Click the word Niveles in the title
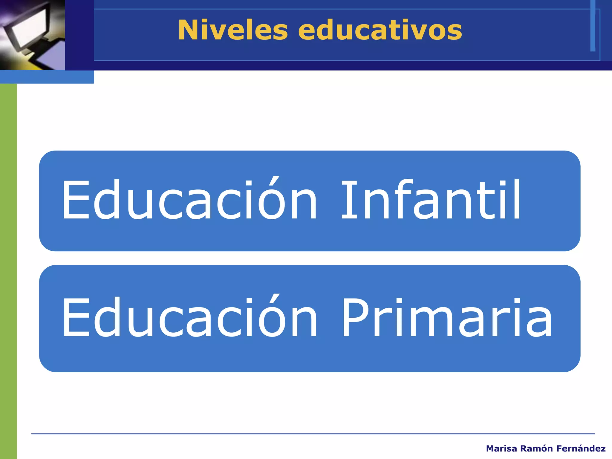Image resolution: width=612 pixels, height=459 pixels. (233, 30)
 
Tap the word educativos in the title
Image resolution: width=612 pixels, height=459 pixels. (380, 30)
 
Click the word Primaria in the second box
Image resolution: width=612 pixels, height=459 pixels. (447, 318)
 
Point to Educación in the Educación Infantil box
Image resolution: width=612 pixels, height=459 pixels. (189, 200)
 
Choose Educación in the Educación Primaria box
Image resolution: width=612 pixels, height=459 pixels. (189, 318)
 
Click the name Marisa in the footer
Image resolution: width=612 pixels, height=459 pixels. (501, 449)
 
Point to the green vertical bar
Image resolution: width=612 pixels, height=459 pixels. (8, 269)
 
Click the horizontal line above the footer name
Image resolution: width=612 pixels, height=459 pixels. (313, 434)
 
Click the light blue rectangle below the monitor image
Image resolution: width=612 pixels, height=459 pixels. (47, 77)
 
